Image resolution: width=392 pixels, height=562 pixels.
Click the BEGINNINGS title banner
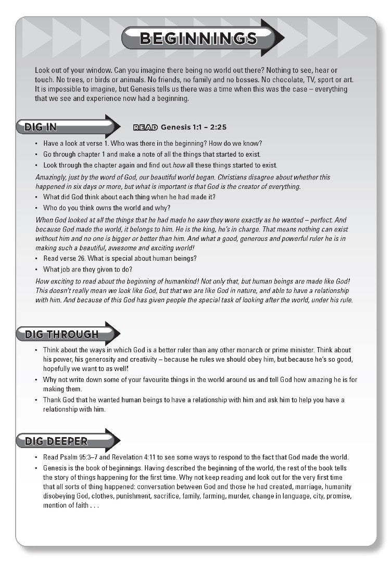pos(198,39)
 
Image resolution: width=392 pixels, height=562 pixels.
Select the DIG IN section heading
pos(41,127)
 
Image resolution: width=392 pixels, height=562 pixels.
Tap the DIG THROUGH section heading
pos(61,334)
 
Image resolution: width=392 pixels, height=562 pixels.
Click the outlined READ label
pos(145,127)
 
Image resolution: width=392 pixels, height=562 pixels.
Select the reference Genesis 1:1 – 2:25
pos(194,127)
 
